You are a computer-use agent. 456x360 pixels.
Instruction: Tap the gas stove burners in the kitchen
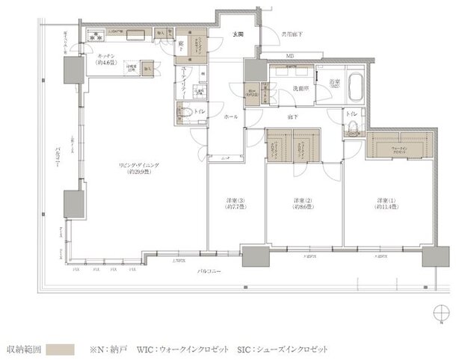96,34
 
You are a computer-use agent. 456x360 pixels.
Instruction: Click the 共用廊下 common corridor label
292,34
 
